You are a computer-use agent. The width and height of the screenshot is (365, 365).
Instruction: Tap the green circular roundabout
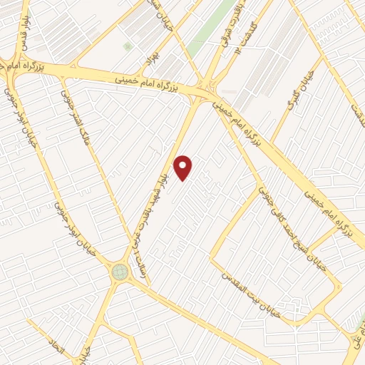click(x=119, y=271)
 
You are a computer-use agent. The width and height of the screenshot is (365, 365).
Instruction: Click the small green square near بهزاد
click(x=128, y=47)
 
